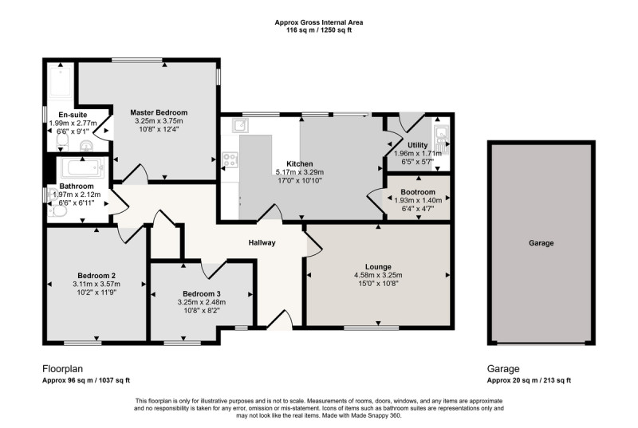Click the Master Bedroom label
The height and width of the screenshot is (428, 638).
(x=159, y=112)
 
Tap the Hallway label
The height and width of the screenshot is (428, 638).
(x=262, y=242)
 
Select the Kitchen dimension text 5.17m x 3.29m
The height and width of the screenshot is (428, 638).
(x=300, y=172)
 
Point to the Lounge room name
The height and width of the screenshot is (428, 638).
(x=378, y=267)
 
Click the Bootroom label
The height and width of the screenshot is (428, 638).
(x=418, y=192)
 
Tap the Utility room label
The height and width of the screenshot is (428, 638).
(x=417, y=145)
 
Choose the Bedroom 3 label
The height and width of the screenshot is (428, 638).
(x=202, y=294)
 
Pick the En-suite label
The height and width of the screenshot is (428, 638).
(x=73, y=115)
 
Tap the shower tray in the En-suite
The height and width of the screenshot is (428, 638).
(x=61, y=80)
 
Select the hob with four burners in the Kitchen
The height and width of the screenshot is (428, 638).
(x=230, y=159)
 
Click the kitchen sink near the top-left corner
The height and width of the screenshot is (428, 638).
(x=240, y=126)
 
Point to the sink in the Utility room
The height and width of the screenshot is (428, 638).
(x=441, y=139)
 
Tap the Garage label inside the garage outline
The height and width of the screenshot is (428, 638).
(x=542, y=243)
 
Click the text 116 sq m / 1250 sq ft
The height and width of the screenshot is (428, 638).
(x=319, y=30)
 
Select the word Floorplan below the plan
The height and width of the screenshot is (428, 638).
(x=63, y=369)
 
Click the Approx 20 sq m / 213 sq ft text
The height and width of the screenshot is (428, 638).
(x=529, y=380)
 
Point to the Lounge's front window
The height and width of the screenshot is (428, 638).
(x=372, y=328)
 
